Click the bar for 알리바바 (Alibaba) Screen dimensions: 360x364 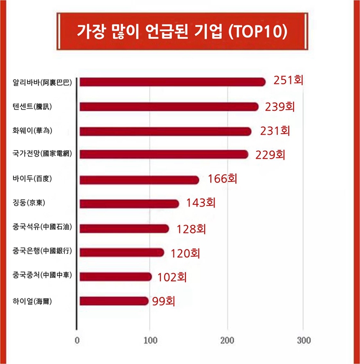172,82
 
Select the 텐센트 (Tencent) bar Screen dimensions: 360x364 169,107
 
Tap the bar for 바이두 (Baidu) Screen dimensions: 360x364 139,180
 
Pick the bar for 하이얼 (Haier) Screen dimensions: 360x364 114,301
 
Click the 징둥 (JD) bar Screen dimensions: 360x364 129,204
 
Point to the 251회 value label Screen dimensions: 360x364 288,80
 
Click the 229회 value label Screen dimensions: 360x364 270,155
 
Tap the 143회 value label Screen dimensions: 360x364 201,203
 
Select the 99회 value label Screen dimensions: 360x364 164,301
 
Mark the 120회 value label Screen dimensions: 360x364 185,254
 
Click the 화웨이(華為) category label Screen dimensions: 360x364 32,131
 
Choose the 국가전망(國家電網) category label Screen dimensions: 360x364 42,153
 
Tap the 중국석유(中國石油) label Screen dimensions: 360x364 42,227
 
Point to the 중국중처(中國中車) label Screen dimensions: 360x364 42,275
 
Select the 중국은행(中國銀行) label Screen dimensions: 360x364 42,251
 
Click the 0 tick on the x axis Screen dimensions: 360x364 77,341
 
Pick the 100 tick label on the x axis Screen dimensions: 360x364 150,341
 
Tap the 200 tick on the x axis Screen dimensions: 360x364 228,341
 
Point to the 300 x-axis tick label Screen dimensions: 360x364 304,341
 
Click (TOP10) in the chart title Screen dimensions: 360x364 258,31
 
